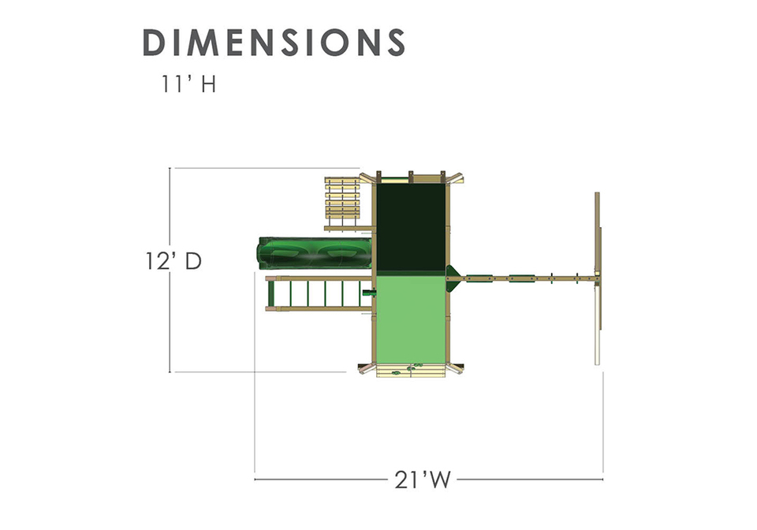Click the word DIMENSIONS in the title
274,43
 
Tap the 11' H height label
188,84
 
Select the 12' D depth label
173,262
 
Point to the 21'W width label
423,480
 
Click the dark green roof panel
410,227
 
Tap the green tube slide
315,252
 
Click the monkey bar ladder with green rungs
319,293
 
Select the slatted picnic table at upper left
343,203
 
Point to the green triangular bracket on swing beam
453,278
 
